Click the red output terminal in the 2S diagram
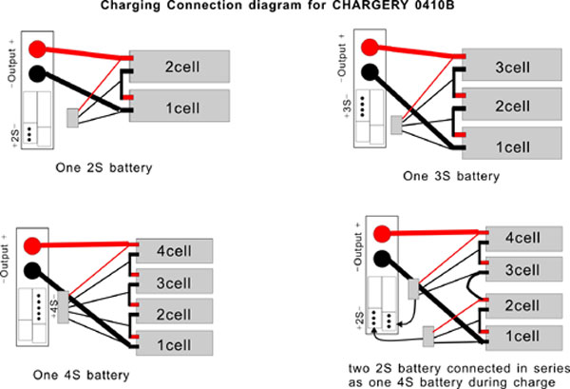coord(37,49)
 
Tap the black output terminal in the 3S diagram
coord(370,72)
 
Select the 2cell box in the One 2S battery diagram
coord(180,67)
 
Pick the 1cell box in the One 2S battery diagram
coord(180,106)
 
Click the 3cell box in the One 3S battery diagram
coord(512,65)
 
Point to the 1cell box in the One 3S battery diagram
coord(512,143)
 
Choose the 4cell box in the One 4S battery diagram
coord(174,251)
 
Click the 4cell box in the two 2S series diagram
coord(523,239)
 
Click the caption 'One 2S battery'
coord(104,168)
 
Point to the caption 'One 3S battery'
coord(451,176)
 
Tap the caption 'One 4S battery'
coord(81,375)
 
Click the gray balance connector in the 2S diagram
coord(73,118)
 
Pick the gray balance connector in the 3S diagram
coord(396,126)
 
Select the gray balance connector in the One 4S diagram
coord(64,307)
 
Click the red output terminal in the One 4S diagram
coord(32,245)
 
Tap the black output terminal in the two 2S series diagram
coord(382,260)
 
